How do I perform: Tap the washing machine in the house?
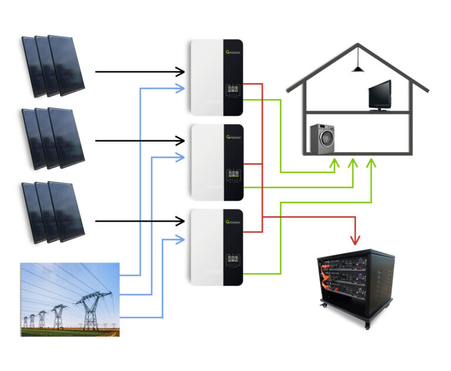click(322, 139)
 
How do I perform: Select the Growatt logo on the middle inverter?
click(233, 138)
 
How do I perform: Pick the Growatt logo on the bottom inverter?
click(233, 222)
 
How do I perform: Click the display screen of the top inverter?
click(233, 91)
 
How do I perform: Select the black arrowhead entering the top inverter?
click(181, 72)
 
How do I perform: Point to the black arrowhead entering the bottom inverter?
click(181, 221)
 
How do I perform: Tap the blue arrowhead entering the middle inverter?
click(181, 157)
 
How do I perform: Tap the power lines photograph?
click(70, 299)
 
